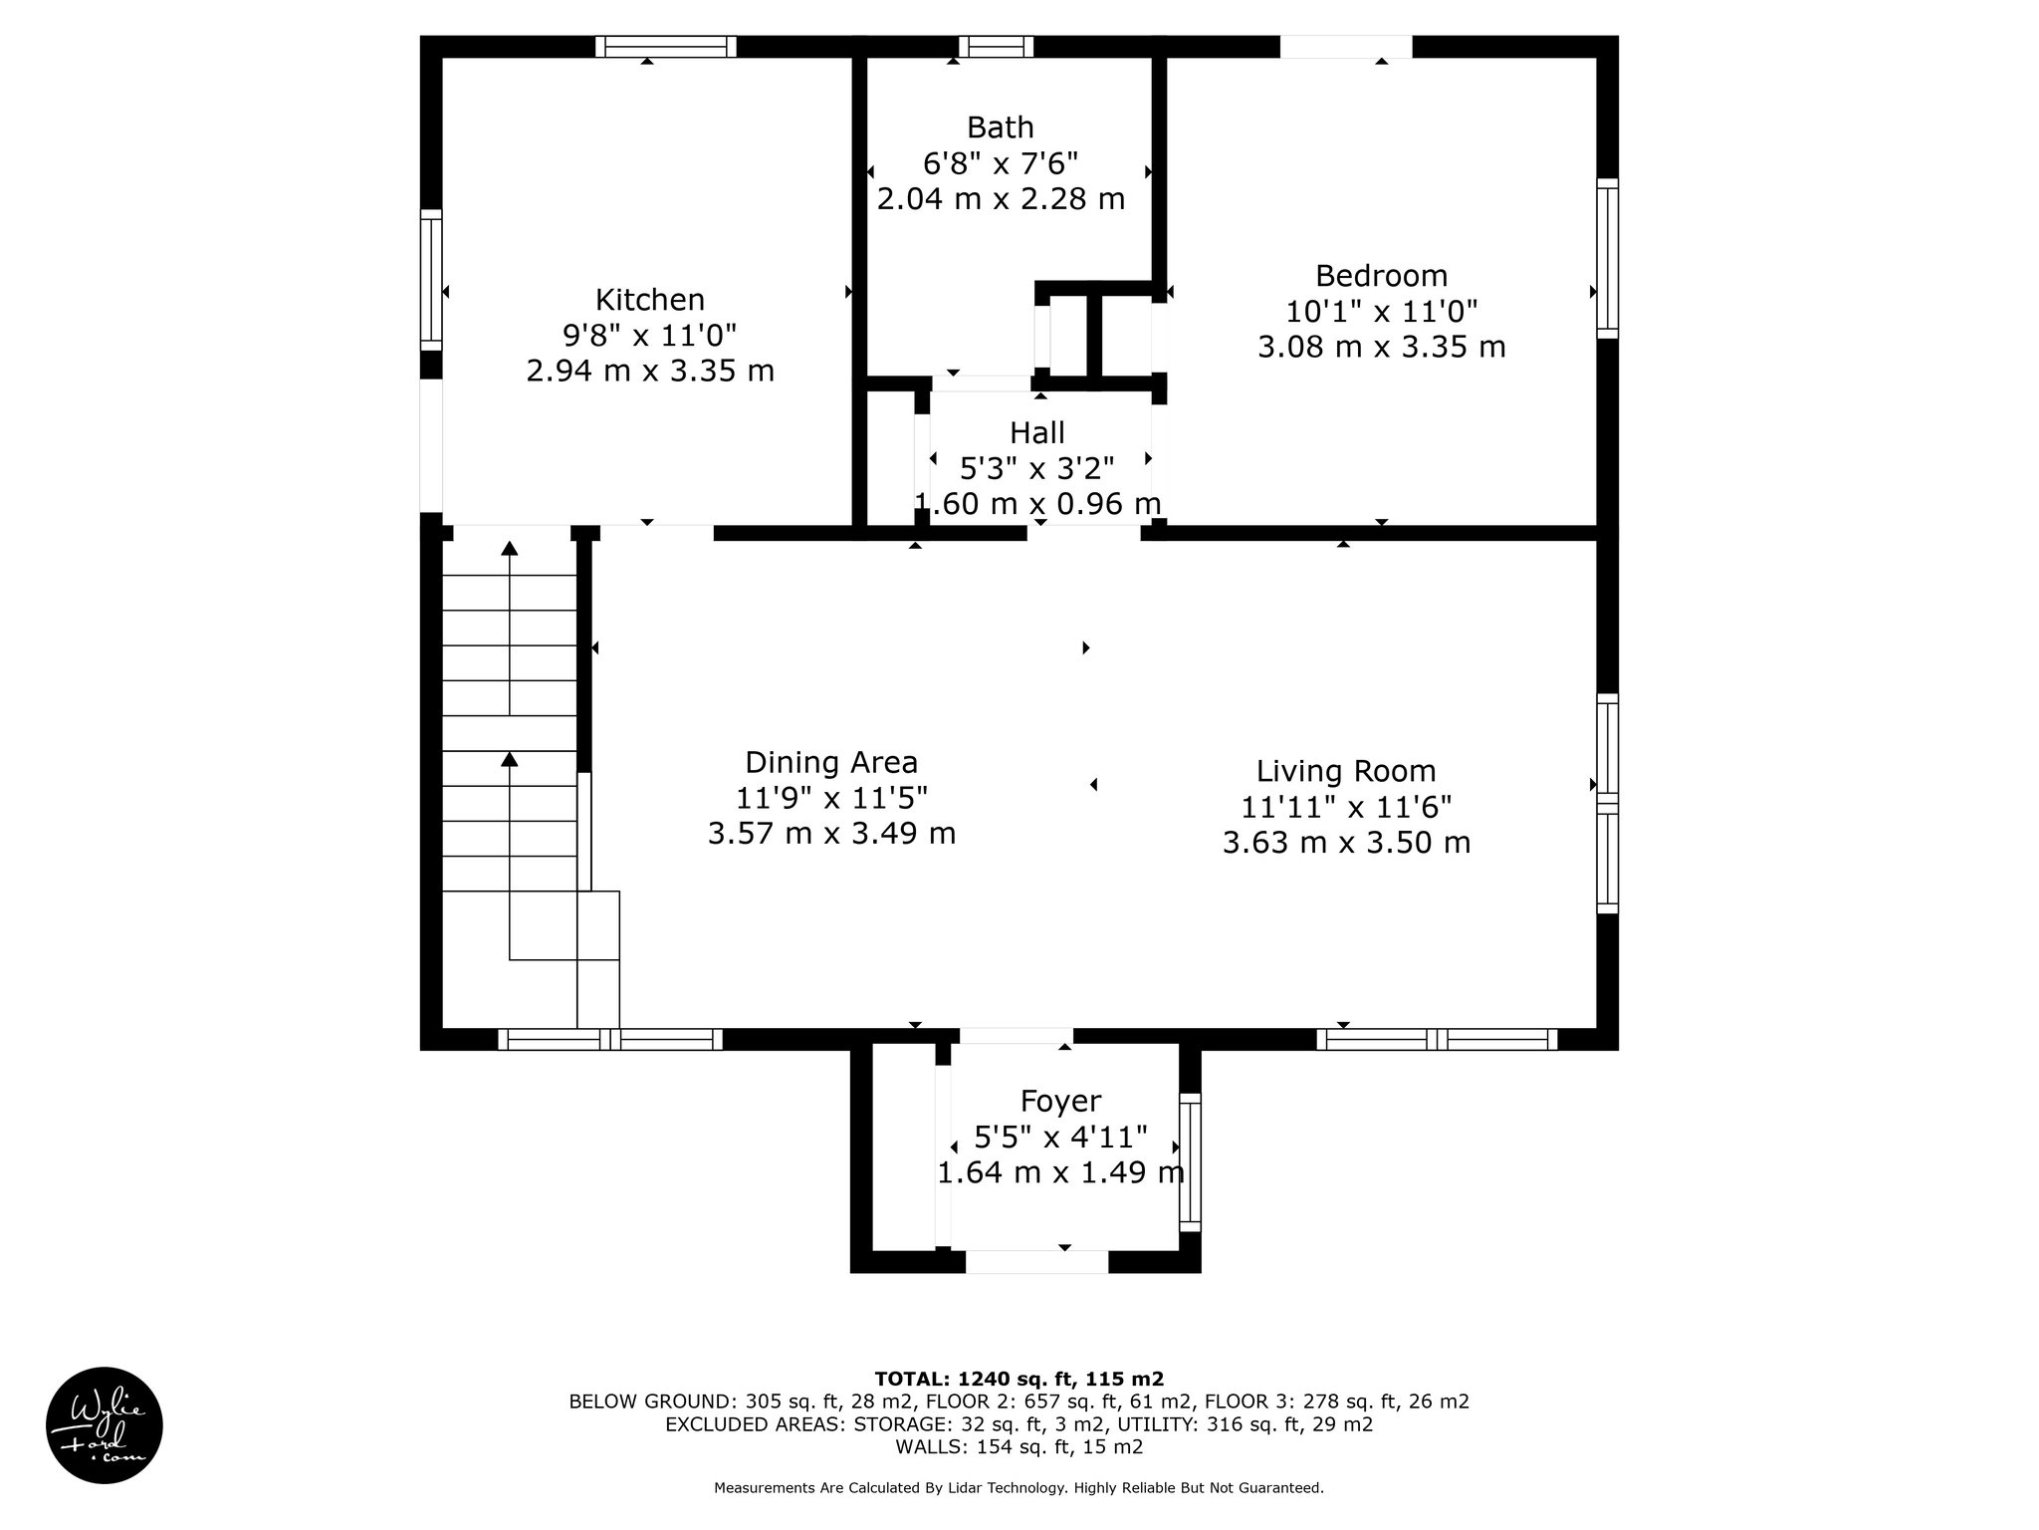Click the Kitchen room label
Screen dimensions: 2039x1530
(650, 300)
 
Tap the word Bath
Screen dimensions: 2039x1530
(1001, 127)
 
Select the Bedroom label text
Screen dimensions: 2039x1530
(1382, 276)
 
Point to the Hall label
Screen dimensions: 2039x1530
(1037, 433)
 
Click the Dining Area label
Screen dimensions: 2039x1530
(831, 763)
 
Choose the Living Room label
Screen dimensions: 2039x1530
(1346, 772)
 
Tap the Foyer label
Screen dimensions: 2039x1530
(1060, 1102)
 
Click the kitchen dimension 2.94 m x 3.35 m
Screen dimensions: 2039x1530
(650, 372)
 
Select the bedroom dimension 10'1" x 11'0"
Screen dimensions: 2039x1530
(1382, 312)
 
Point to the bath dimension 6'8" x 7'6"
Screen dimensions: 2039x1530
(1001, 163)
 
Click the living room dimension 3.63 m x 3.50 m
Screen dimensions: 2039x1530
(1346, 844)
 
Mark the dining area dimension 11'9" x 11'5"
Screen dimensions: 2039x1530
(831, 799)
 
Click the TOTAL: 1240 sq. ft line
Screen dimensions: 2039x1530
(1019, 1380)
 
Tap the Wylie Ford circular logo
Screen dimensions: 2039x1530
(105, 1425)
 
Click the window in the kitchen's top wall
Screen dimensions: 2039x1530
(666, 47)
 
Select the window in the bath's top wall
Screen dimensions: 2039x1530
(997, 47)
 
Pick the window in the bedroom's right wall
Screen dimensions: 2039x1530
(1608, 258)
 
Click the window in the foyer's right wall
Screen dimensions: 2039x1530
(1191, 1162)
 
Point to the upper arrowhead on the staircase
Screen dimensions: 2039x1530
(510, 548)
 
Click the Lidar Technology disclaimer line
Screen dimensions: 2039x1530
(1019, 1488)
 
